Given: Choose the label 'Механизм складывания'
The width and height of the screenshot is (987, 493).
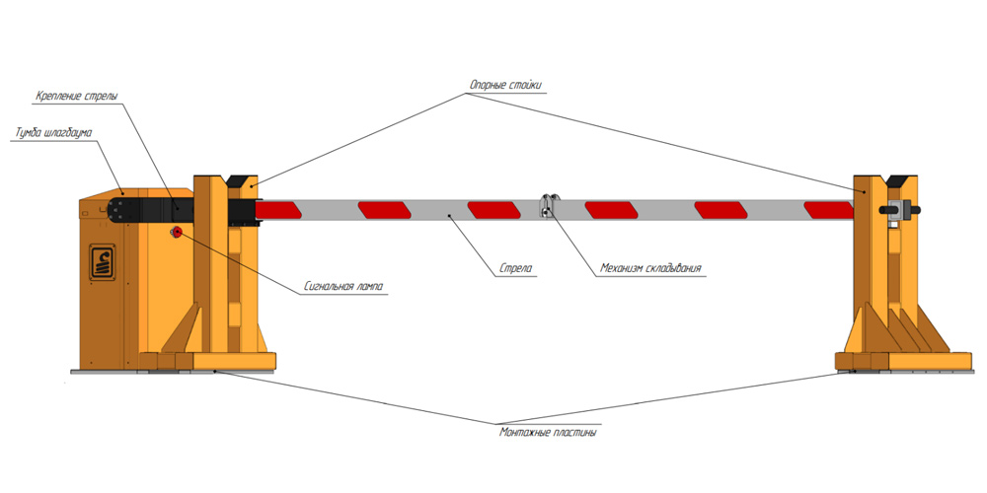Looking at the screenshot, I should (x=651, y=267).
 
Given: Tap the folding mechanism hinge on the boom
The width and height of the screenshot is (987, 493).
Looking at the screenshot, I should (x=547, y=208).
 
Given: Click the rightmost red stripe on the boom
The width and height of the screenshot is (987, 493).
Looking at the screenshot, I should (x=827, y=209).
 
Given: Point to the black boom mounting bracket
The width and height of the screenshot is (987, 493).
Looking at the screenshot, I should (x=148, y=209).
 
